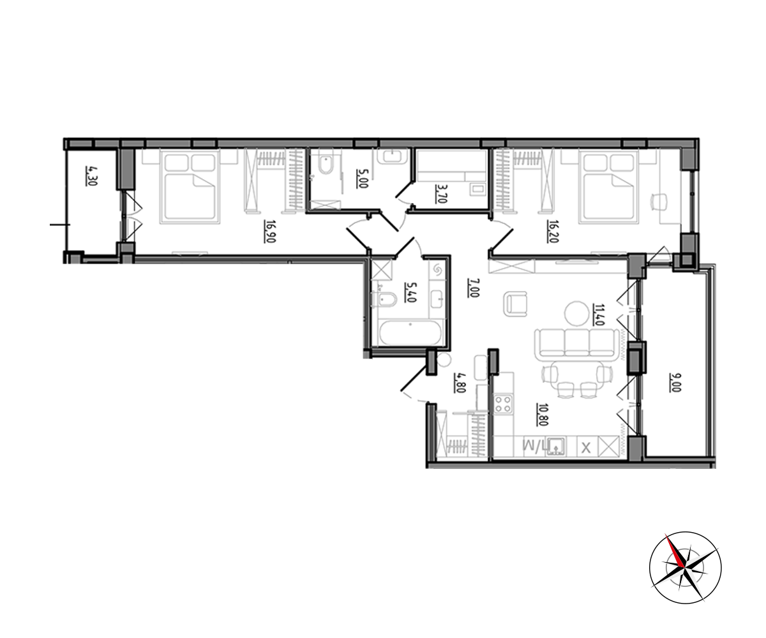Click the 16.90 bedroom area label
(x=270, y=232)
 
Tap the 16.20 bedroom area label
(x=553, y=231)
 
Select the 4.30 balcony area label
(x=92, y=175)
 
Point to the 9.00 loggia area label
(x=675, y=382)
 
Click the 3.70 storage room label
(x=441, y=193)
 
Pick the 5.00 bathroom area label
(x=362, y=179)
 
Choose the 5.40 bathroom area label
(x=410, y=292)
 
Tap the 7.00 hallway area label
(x=473, y=288)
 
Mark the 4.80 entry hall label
(x=460, y=383)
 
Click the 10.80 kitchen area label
(x=543, y=414)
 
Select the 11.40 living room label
(x=599, y=315)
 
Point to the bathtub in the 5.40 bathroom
(x=410, y=333)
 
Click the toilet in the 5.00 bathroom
(x=325, y=161)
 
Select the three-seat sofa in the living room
(x=576, y=345)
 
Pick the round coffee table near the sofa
(x=576, y=313)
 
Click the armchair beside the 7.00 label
(x=515, y=304)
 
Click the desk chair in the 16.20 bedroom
(x=659, y=202)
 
